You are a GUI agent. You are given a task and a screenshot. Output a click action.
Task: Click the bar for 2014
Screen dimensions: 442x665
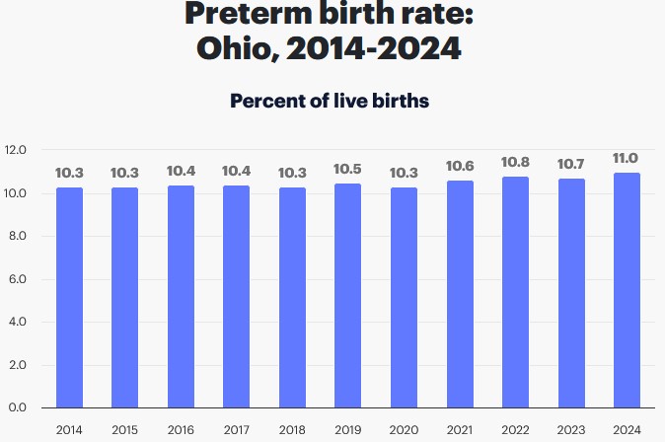click(x=69, y=297)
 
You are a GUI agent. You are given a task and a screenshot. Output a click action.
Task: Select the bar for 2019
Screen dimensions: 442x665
click(x=347, y=295)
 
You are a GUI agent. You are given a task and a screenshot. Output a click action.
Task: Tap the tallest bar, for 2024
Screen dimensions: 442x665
click(x=626, y=290)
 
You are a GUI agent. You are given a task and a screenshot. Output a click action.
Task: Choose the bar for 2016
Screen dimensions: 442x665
click(x=181, y=296)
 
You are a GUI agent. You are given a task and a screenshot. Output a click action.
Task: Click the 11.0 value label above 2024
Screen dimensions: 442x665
click(x=626, y=159)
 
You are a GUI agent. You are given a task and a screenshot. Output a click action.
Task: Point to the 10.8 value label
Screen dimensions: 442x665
click(x=514, y=163)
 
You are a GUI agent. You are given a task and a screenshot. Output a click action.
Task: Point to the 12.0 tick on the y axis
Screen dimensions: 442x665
click(x=16, y=151)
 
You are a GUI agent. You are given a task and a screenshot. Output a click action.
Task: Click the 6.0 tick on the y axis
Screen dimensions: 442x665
click(x=16, y=279)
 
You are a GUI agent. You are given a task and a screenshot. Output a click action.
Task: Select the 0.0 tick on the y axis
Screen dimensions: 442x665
click(x=16, y=407)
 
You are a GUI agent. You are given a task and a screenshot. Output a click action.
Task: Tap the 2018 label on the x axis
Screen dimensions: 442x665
click(x=292, y=429)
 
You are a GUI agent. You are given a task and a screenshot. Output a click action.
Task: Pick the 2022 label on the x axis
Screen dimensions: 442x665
click(x=514, y=429)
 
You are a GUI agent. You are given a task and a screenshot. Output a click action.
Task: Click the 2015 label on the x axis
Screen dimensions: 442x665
click(x=124, y=429)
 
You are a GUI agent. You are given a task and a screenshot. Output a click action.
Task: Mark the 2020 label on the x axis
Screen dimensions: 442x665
click(x=403, y=429)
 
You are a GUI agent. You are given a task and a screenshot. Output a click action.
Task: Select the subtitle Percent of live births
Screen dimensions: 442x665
click(x=329, y=101)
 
